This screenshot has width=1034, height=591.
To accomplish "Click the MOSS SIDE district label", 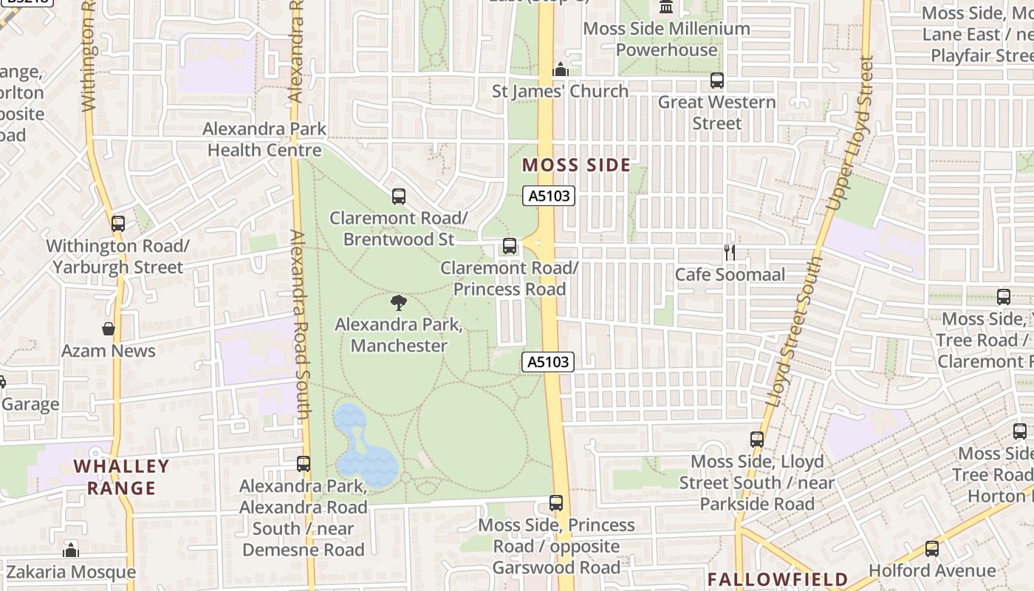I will tap(576, 165).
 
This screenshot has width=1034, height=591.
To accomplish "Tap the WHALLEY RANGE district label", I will tap(121, 477).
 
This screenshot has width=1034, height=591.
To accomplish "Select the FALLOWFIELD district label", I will tap(778, 578).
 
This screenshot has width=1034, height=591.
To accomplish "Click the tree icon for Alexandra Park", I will tap(399, 302).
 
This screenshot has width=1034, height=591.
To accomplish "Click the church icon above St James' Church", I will tap(561, 70).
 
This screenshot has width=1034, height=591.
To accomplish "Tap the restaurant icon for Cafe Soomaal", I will tap(730, 253).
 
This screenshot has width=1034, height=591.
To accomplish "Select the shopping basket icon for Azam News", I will tap(109, 329).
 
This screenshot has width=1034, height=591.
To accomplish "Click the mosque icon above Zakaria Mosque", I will tap(71, 550).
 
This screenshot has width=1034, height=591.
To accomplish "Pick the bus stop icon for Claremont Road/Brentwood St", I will tap(399, 197).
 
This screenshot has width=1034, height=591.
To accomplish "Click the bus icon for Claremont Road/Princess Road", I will tap(510, 246).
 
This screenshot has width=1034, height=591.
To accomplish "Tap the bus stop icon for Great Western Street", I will tap(716, 81).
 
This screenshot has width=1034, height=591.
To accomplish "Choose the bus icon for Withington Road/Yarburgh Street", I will tap(118, 224).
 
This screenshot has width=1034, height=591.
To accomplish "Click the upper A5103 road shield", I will tap(548, 196).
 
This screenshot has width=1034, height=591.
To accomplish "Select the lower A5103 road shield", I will tap(548, 361).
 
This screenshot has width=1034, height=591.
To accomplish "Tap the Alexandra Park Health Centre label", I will tap(264, 140).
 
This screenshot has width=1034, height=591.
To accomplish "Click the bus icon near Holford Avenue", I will tap(932, 549).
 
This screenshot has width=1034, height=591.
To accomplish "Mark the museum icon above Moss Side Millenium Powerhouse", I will tap(666, 7).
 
